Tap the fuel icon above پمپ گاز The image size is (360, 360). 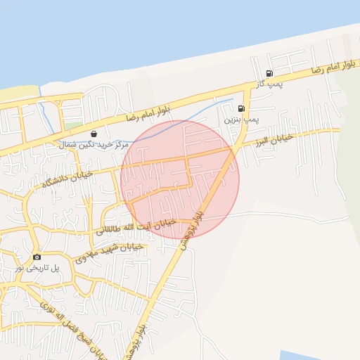coord(269,74)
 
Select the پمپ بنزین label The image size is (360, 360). coord(242,120)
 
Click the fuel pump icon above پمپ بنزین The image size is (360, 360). coord(242,109)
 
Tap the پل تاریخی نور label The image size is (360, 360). coord(39,269)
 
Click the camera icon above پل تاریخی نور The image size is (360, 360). coord(37,257)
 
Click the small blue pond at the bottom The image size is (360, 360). coord(309,355)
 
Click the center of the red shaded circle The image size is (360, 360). coord(180,179)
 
